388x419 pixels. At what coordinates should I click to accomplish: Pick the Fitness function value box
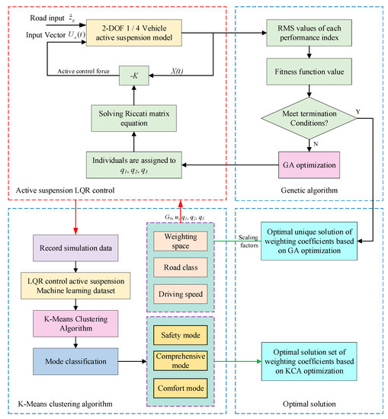pos(308,75)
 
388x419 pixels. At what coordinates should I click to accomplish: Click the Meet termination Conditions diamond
pos(308,118)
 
